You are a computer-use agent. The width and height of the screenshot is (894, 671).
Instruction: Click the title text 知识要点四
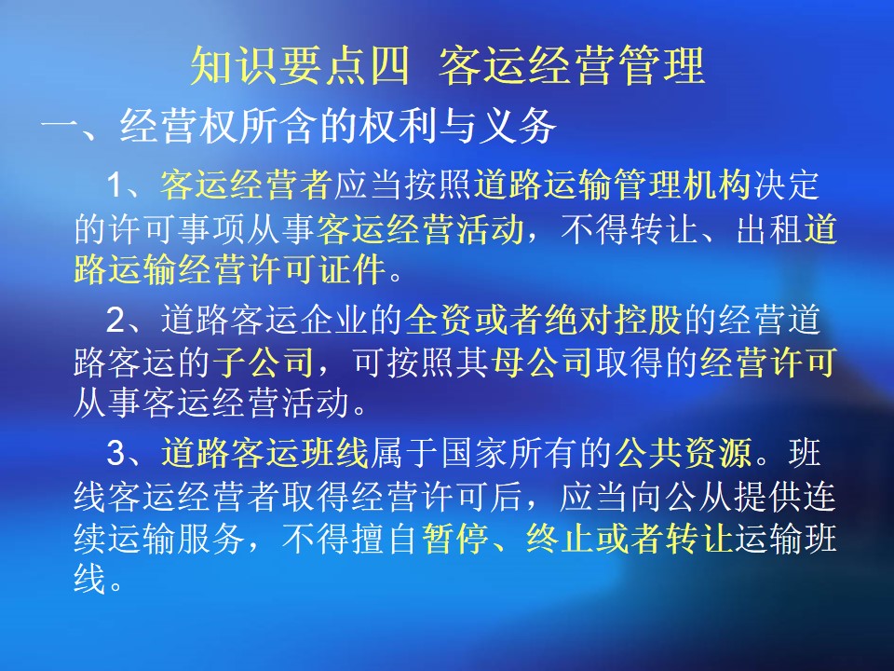point(300,65)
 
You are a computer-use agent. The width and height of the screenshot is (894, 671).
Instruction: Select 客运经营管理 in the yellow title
point(573,65)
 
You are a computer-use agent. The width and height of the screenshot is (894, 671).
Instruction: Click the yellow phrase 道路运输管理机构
point(613,185)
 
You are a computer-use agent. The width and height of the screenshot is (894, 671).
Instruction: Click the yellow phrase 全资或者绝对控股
point(543,320)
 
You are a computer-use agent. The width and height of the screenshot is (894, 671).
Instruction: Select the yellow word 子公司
point(264,362)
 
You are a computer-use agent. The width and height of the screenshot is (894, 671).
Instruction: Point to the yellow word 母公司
point(542,362)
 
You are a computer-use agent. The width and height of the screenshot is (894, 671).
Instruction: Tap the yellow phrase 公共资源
point(684,453)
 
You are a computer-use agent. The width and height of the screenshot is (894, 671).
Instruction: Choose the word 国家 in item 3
point(474,453)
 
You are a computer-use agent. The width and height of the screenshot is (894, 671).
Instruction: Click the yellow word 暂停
point(455,538)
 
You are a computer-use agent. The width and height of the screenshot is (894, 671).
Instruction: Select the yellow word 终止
point(560,538)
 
